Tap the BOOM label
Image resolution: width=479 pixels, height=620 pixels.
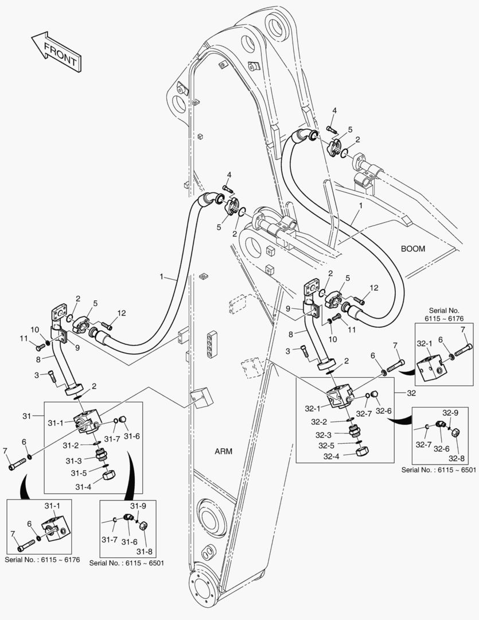click(412, 249)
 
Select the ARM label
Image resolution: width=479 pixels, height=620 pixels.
click(223, 451)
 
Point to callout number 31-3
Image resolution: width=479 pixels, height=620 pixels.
click(73, 460)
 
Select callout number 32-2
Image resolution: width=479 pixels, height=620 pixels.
click(319, 421)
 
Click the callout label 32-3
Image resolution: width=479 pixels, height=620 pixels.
click(319, 434)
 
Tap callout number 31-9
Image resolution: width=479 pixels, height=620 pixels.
click(138, 506)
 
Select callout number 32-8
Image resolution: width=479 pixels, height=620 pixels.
click(457, 458)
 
